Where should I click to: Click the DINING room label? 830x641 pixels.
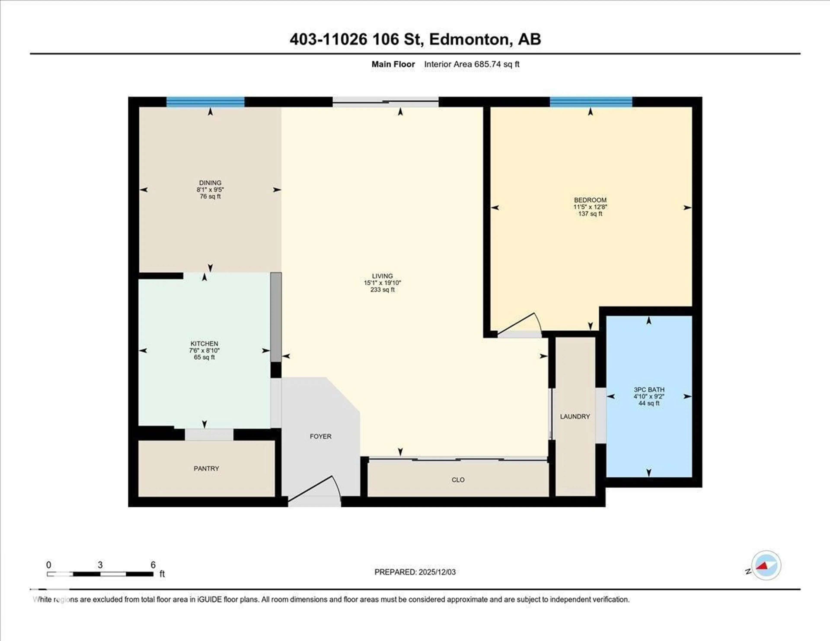tap(210, 183)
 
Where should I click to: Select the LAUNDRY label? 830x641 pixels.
tap(575, 416)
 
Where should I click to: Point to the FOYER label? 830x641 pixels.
tap(320, 436)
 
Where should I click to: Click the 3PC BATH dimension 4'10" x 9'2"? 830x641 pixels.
tap(649, 396)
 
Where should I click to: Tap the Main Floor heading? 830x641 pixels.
tap(393, 64)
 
